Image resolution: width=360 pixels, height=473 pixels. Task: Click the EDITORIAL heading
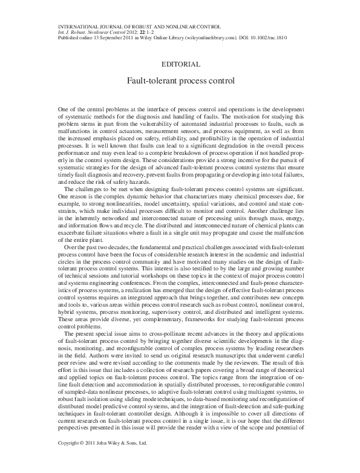180,63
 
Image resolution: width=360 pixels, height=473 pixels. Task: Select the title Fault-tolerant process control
180,79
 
